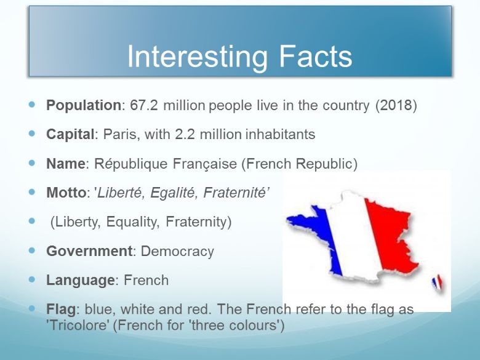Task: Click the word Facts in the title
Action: (x=316, y=56)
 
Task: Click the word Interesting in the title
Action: (x=197, y=58)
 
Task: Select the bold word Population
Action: (x=84, y=105)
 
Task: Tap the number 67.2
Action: (x=144, y=105)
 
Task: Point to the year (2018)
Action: (x=396, y=105)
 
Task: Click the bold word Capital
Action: (x=70, y=134)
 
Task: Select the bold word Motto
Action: (x=66, y=193)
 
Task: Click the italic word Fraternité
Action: (x=235, y=193)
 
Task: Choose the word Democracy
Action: (x=177, y=251)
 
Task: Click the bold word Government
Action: (x=89, y=251)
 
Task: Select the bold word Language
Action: (x=81, y=281)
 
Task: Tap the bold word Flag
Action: (x=61, y=309)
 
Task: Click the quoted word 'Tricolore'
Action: (x=78, y=325)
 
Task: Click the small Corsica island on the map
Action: (x=437, y=282)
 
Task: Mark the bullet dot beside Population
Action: (x=32, y=105)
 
